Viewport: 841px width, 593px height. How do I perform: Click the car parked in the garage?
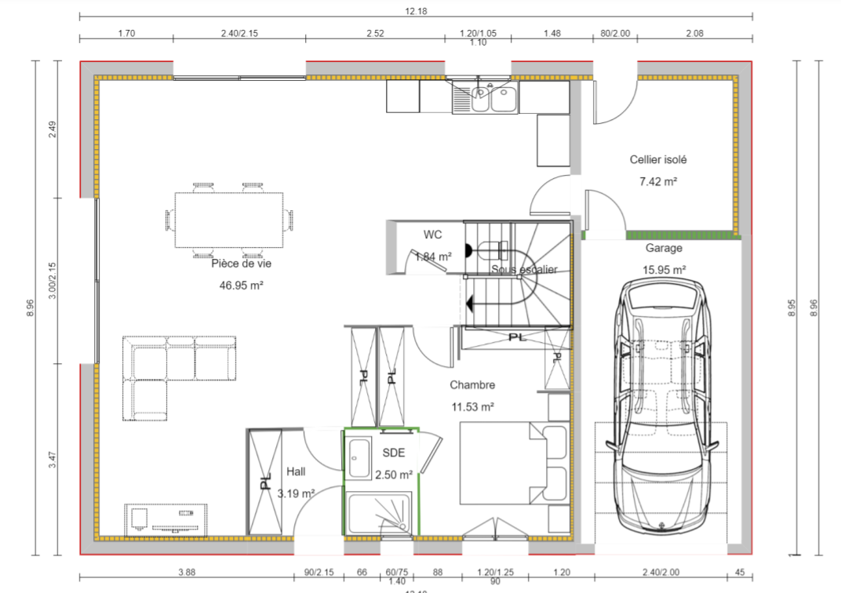pos(661,408)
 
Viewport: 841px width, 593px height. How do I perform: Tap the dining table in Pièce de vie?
pos(228,220)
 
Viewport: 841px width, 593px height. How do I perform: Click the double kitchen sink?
pos(484,98)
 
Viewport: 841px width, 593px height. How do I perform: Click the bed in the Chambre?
pos(502,463)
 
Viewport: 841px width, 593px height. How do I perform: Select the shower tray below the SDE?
pos(379,514)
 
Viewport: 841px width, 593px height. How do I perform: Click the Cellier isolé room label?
pos(658,159)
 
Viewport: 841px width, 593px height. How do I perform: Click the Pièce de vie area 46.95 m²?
pos(241,286)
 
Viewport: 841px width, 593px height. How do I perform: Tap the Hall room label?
pos(296,471)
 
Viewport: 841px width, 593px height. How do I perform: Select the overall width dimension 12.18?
pos(415,10)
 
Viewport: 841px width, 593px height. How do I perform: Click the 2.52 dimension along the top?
pos(375,33)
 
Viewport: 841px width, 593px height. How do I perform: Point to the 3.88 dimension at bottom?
pos(187,572)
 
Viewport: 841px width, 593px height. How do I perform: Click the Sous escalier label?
pos(524,270)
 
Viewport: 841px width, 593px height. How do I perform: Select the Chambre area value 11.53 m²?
pos(472,407)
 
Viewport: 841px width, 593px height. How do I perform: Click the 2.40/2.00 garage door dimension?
pos(660,572)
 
